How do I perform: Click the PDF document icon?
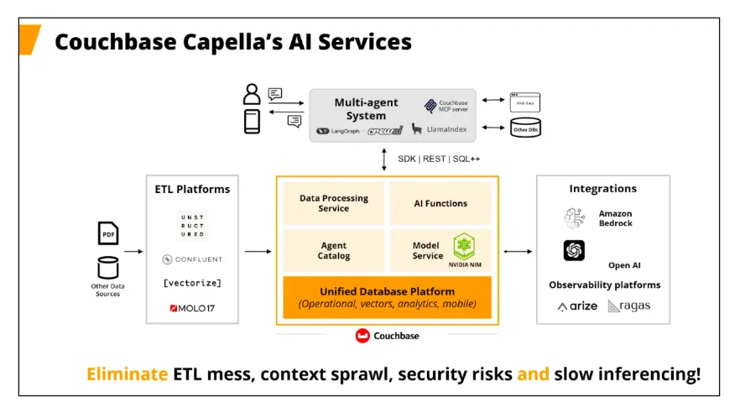[x=108, y=233]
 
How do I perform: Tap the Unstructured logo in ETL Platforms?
[x=193, y=225]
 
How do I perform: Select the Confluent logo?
[x=193, y=259]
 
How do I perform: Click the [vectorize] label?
[x=193, y=283]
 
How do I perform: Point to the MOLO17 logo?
[x=192, y=308]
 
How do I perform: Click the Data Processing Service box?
[x=334, y=203]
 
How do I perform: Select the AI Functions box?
[x=440, y=203]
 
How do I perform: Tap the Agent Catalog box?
[x=334, y=250]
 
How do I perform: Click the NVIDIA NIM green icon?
[x=464, y=246]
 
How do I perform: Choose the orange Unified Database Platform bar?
[x=387, y=297]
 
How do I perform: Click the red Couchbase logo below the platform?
[x=362, y=336]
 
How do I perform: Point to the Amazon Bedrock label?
[x=615, y=218]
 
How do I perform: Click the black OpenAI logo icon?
[x=575, y=250]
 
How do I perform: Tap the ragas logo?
[x=629, y=306]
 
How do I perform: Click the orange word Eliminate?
[x=127, y=374]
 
